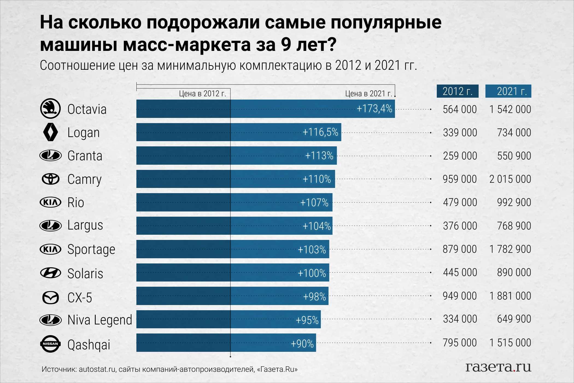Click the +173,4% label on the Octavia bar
coord(374,109)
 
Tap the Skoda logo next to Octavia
coord(50,109)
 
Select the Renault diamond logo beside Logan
coord(51,132)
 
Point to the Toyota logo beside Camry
coord(51,179)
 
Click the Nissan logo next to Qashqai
coord(51,344)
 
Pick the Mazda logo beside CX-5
coord(51,297)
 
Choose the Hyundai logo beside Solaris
coord(51,273)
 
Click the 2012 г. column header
coord(457,91)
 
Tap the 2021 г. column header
coord(508,91)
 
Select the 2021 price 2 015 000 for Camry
coord(510,179)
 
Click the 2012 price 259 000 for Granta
coord(460,156)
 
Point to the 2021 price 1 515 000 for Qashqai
coord(510,343)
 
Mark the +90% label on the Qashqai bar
coord(302,343)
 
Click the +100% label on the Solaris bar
coord(312,273)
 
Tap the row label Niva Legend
coord(100,320)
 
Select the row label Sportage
coord(91,249)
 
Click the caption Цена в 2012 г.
coord(202,94)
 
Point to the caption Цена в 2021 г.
coord(368,94)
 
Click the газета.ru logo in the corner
coord(498,367)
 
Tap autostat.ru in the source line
coord(97,369)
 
